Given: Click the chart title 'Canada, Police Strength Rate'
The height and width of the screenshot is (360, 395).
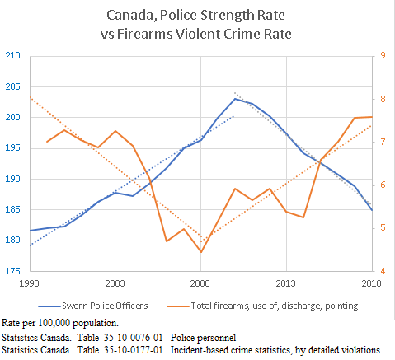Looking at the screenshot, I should [x=197, y=15].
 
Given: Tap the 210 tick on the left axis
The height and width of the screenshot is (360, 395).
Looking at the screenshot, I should [x=12, y=56].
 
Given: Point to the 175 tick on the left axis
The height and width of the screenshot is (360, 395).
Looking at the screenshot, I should [x=12, y=270].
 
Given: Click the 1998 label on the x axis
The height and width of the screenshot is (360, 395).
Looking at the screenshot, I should [x=30, y=283].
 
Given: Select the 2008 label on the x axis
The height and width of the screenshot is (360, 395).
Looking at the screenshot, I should [x=200, y=283].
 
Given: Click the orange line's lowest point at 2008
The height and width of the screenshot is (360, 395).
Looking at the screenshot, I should [x=200, y=252].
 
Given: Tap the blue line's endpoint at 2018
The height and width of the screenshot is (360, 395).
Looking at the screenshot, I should [x=372, y=210].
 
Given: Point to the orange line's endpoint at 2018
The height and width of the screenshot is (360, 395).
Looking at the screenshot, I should [x=372, y=117].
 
